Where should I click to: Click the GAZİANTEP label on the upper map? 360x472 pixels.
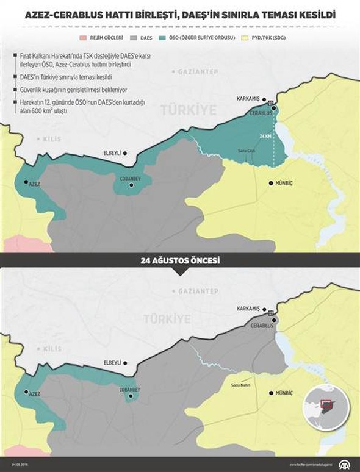click(198, 71)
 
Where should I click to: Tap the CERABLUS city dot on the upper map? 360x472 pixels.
click(275, 108)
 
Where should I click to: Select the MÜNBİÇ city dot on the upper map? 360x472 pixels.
click(271, 182)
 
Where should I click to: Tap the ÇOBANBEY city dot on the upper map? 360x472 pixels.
click(131, 183)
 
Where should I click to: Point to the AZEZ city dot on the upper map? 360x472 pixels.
click(25, 182)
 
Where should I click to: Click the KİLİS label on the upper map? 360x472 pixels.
click(52, 140)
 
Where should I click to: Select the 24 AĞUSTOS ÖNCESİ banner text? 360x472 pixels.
click(180, 260)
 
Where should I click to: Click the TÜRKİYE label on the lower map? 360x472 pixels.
click(164, 318)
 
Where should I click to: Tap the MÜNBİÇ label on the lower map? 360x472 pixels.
click(286, 394)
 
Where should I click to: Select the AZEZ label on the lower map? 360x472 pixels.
click(34, 395)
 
